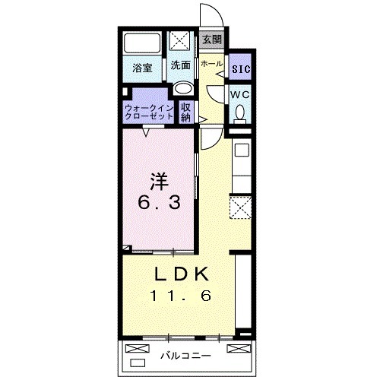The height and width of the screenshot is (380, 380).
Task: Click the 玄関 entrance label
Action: [212, 40]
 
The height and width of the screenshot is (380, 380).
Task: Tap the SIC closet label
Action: [241, 69]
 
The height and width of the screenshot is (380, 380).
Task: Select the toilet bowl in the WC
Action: [240, 112]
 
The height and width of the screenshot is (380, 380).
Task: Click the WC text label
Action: [240, 95]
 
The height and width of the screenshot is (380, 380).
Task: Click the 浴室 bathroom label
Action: [142, 68]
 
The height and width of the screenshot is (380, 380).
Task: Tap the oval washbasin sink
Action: [184, 88]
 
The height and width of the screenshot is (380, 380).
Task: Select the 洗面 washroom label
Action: [180, 65]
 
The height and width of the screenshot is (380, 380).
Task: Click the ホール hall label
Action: [211, 64]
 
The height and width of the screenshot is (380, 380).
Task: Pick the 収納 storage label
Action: [185, 112]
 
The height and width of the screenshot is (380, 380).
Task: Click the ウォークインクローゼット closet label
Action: [150, 112]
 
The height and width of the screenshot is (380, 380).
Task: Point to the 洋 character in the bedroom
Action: [160, 181]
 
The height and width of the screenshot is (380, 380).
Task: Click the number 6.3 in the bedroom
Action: [160, 203]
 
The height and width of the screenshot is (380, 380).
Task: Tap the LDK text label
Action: [182, 274]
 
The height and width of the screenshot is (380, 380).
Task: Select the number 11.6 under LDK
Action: [181, 296]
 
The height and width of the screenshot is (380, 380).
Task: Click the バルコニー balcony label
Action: [185, 356]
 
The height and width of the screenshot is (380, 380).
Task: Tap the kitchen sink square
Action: [242, 150]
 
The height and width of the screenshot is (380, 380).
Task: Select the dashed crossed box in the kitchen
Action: [240, 207]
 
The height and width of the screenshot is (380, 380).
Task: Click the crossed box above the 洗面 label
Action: [179, 40]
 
